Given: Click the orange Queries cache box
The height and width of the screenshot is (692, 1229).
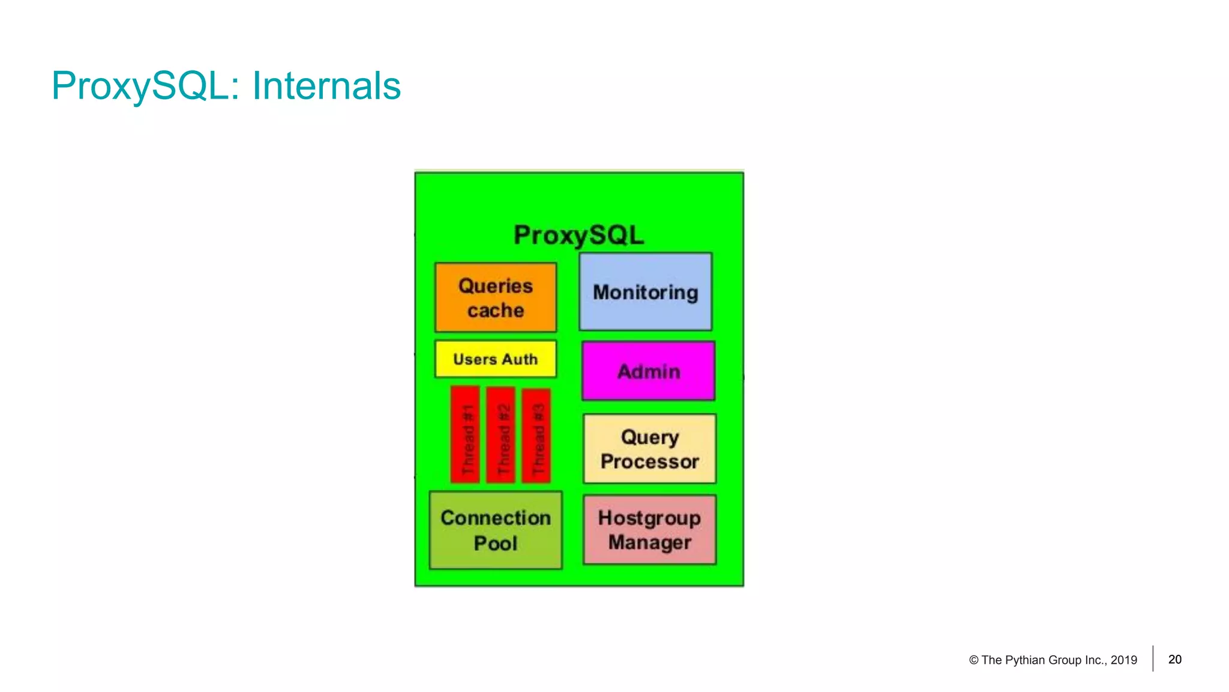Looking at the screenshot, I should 496,297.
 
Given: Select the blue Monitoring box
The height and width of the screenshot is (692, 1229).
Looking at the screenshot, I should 646,292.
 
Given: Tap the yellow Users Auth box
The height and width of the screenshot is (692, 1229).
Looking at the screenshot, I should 496,359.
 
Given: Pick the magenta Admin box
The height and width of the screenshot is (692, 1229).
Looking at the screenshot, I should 649,371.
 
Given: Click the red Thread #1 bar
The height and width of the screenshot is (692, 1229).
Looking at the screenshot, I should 466,435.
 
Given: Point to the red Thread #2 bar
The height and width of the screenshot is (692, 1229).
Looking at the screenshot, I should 501,435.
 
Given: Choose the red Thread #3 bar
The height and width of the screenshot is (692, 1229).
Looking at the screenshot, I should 536,436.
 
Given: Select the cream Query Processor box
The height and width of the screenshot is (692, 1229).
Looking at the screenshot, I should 650,449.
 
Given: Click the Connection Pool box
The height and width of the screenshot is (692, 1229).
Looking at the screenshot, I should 496,530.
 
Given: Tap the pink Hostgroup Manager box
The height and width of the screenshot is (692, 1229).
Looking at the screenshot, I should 650,530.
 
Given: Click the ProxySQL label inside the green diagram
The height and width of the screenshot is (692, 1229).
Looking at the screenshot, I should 578,235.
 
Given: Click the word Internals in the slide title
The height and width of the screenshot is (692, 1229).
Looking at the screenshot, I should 326,86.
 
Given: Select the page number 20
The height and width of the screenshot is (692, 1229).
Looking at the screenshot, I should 1175,660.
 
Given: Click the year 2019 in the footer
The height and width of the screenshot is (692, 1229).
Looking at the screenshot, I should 1124,660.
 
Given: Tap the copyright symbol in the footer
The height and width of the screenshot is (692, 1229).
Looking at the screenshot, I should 973,660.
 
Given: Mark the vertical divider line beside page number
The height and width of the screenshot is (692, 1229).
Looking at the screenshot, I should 1153,658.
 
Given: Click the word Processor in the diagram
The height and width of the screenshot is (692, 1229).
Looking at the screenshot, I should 650,461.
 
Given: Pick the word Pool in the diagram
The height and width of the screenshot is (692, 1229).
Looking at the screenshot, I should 496,543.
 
